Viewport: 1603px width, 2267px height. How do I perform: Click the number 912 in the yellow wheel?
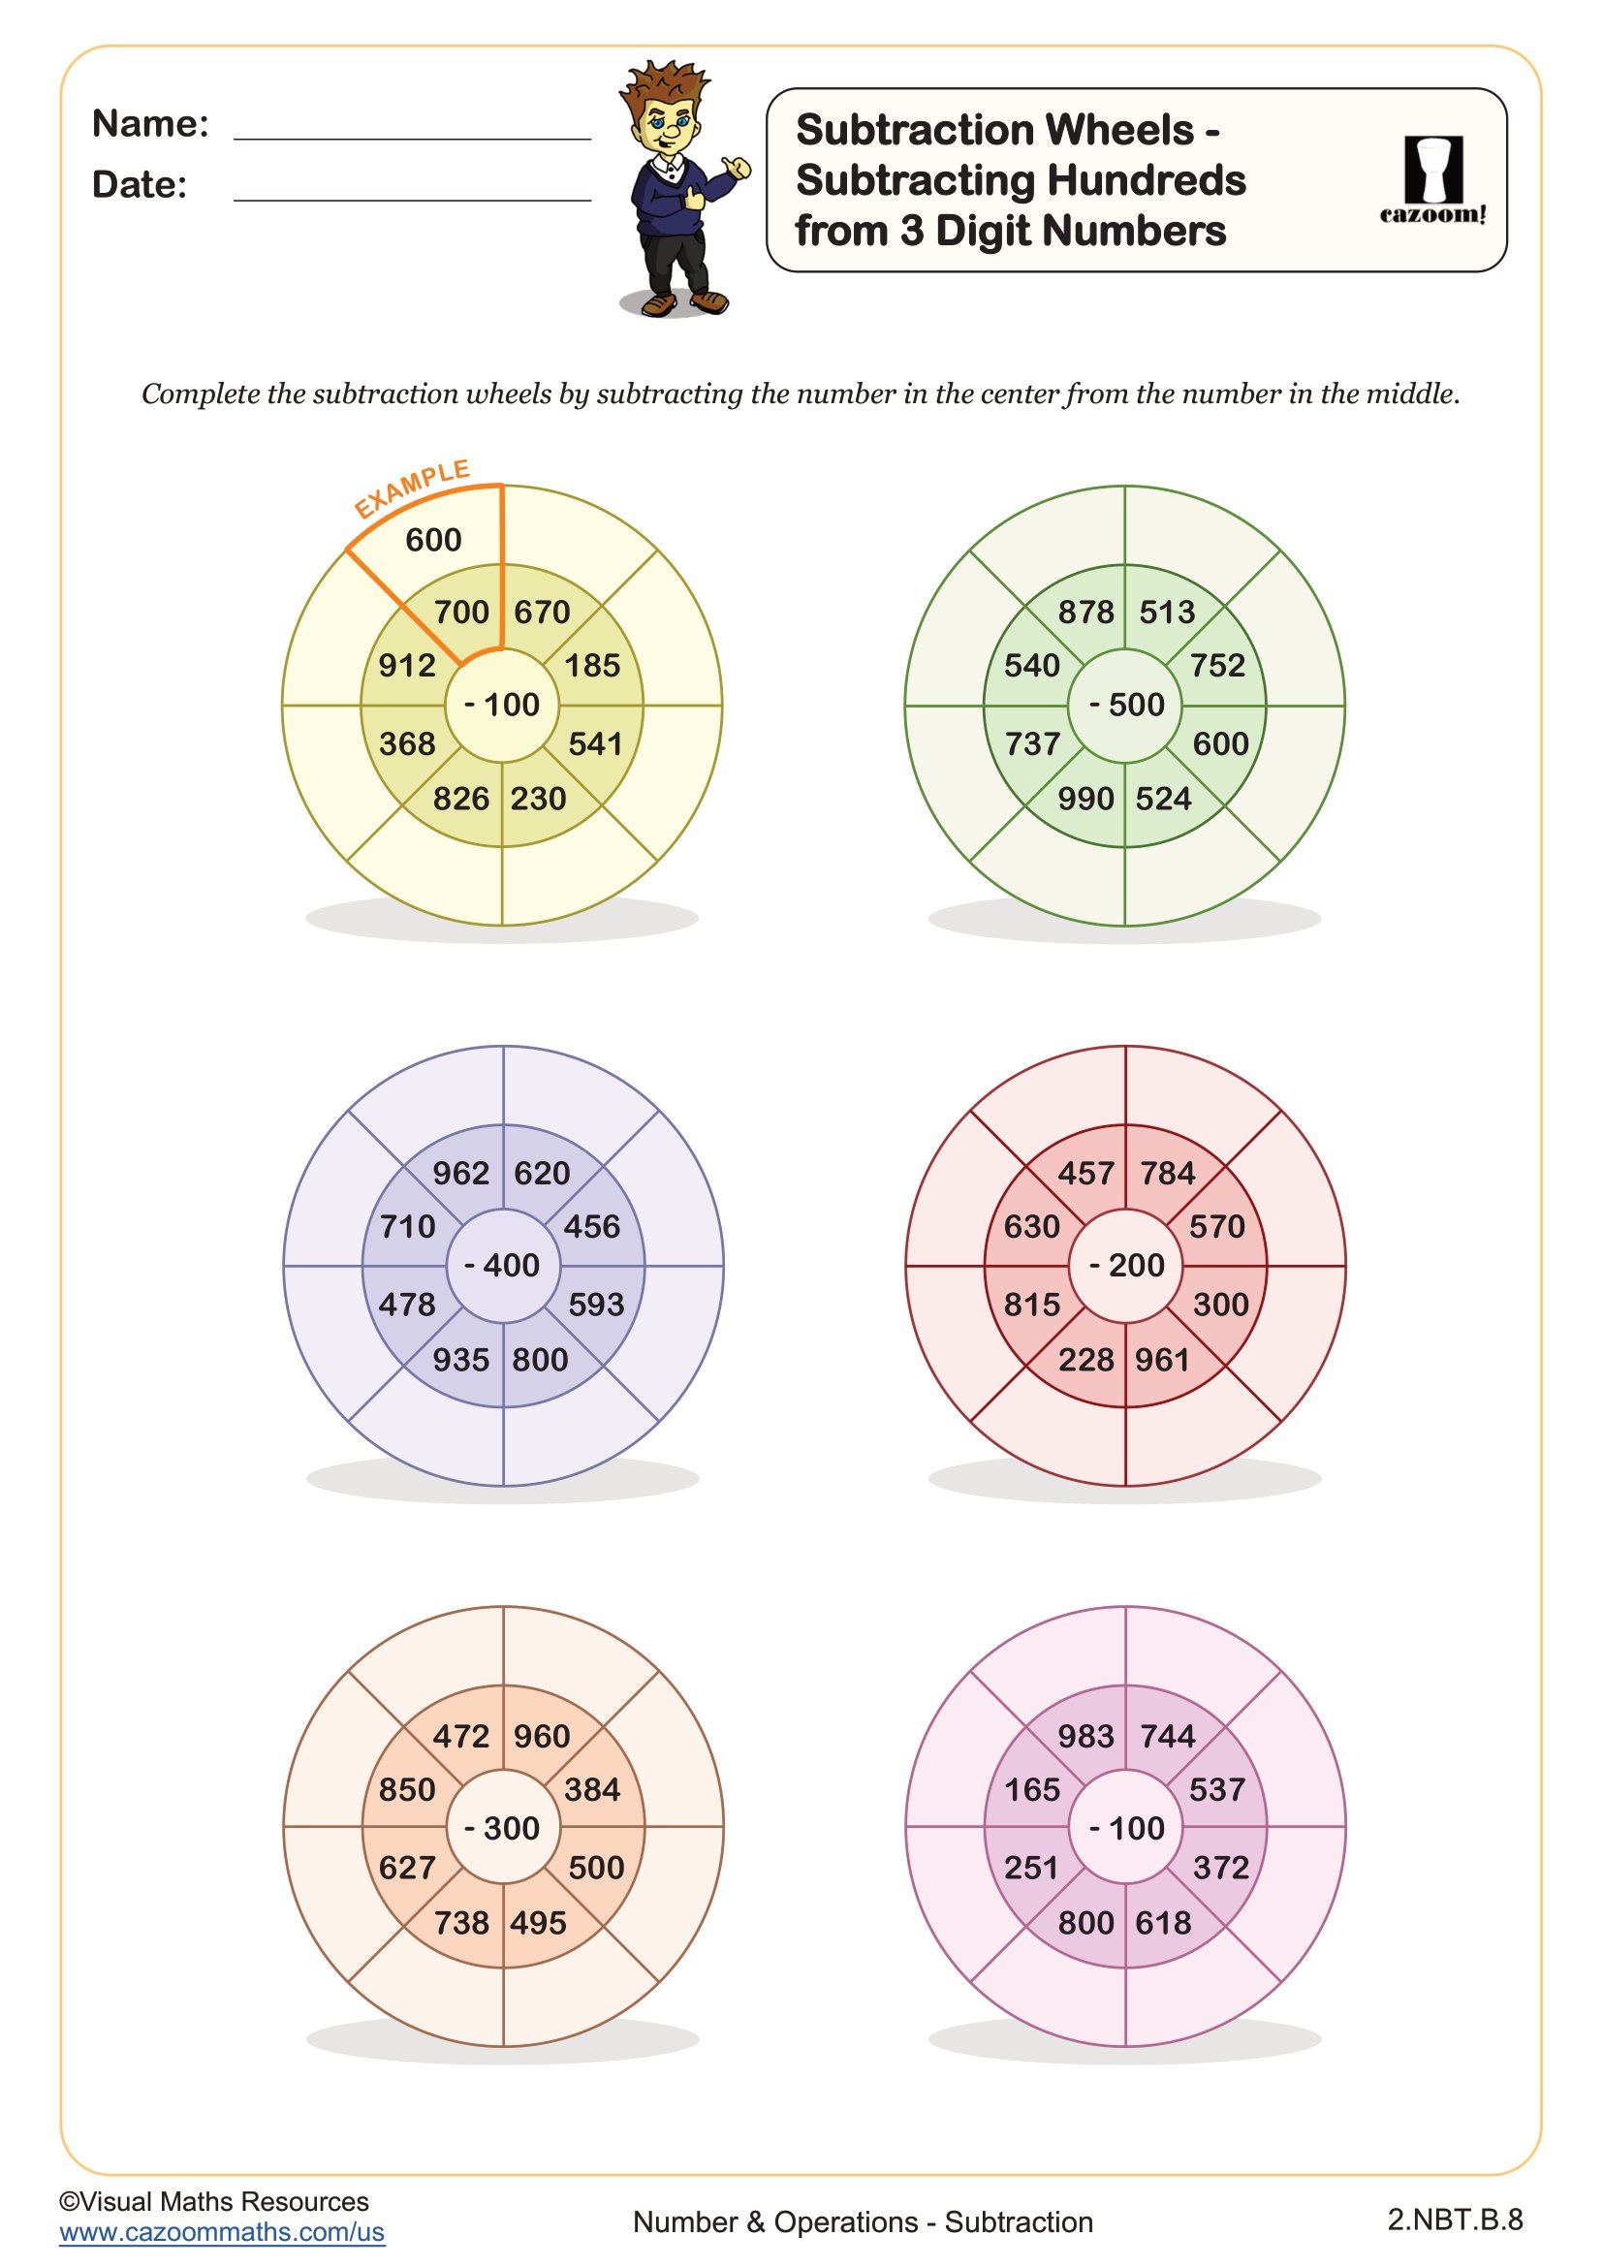click(x=407, y=666)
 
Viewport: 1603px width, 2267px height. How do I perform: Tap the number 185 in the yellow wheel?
click(x=592, y=666)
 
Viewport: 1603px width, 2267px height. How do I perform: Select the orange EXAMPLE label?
click(x=412, y=488)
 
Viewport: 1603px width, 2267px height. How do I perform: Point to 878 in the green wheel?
click(x=1085, y=613)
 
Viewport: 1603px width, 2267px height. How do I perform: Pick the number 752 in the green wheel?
click(x=1217, y=666)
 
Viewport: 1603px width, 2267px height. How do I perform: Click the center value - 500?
click(x=1126, y=705)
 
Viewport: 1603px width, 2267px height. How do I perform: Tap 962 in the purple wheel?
click(x=461, y=1173)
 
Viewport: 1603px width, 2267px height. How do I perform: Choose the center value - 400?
click(x=502, y=1265)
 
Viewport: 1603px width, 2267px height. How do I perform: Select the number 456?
click(x=592, y=1226)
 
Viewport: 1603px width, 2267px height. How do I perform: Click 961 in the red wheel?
click(x=1163, y=1360)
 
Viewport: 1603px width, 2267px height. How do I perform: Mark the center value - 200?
click(x=1126, y=1265)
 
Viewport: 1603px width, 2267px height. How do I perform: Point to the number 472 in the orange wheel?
click(x=461, y=1736)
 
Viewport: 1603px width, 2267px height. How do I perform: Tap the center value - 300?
click(x=502, y=1828)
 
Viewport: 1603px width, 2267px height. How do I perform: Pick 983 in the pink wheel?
click(x=1085, y=1736)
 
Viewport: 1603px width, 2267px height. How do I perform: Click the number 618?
click(x=1164, y=1922)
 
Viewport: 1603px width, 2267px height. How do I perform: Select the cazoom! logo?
click(x=1432, y=179)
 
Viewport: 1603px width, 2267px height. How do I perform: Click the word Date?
click(x=140, y=185)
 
